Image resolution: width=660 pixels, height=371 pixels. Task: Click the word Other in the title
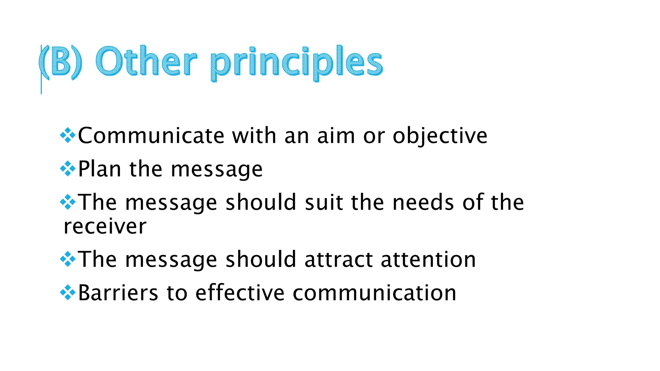pyautogui.click(x=146, y=61)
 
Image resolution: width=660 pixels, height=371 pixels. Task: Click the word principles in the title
pyautogui.click(x=296, y=63)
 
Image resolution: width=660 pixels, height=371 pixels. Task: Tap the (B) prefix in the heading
pyautogui.click(x=61, y=62)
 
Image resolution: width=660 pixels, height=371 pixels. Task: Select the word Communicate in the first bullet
pyautogui.click(x=151, y=135)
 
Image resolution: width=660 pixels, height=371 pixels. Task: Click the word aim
pyautogui.click(x=336, y=135)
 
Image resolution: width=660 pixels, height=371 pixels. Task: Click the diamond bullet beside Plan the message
pyautogui.click(x=68, y=168)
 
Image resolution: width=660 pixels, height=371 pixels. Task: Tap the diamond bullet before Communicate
pyautogui.click(x=68, y=135)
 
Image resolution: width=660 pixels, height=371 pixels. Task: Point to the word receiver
pyautogui.click(x=105, y=226)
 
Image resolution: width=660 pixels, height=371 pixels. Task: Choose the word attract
pyautogui.click(x=338, y=259)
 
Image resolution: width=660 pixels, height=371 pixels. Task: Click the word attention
pyautogui.click(x=428, y=259)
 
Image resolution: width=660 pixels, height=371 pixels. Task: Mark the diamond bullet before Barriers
pyautogui.click(x=68, y=292)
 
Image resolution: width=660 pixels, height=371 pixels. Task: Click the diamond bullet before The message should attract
pyautogui.click(x=68, y=259)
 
